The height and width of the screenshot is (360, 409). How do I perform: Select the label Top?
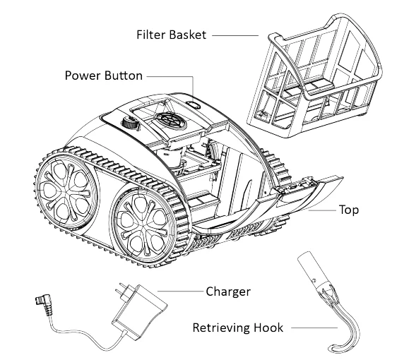(x=349, y=210)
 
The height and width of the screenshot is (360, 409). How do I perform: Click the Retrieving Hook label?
(x=237, y=328)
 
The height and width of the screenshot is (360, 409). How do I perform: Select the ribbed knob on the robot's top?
(x=129, y=124)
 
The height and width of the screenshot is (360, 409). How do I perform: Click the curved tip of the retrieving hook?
(x=333, y=347)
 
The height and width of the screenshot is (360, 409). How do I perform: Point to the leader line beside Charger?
(x=181, y=290)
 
